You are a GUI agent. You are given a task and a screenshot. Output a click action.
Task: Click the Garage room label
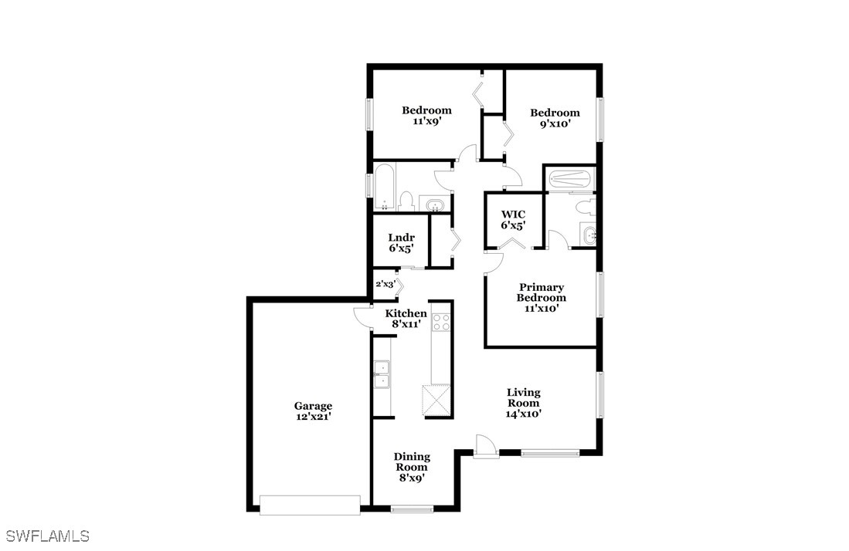point(313,406)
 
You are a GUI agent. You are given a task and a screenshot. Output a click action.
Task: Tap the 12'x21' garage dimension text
point(313,417)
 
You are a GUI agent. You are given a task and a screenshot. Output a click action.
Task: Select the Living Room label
point(523,397)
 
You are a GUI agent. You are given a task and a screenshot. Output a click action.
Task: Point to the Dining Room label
point(412,461)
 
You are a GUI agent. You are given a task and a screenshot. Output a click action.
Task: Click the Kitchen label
point(406,313)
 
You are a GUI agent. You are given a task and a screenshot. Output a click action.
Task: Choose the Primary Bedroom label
point(541,292)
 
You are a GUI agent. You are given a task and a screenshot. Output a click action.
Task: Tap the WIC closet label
point(513,214)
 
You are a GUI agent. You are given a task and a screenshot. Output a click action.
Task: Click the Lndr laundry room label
point(401,238)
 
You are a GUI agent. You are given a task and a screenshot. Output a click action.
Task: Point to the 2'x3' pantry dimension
point(385,283)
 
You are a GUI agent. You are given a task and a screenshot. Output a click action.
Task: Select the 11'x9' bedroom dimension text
point(426,121)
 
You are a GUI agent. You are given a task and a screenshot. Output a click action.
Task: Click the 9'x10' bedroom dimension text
point(555,123)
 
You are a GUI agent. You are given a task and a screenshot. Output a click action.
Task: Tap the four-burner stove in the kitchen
point(441,323)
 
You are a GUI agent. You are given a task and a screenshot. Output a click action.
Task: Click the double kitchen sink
point(382,375)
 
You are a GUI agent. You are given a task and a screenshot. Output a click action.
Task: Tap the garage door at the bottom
point(310,505)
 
